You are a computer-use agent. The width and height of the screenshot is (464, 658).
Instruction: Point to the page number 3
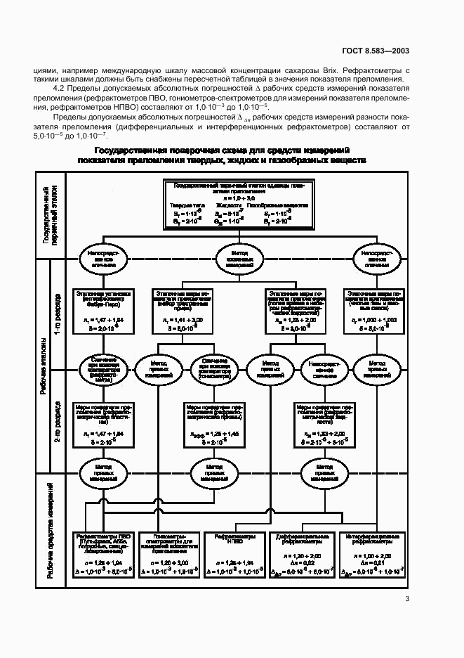tap(406, 599)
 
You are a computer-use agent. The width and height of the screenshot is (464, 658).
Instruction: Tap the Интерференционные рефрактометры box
tap(372, 555)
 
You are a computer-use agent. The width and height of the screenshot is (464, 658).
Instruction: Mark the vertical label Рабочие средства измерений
tap(43, 534)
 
